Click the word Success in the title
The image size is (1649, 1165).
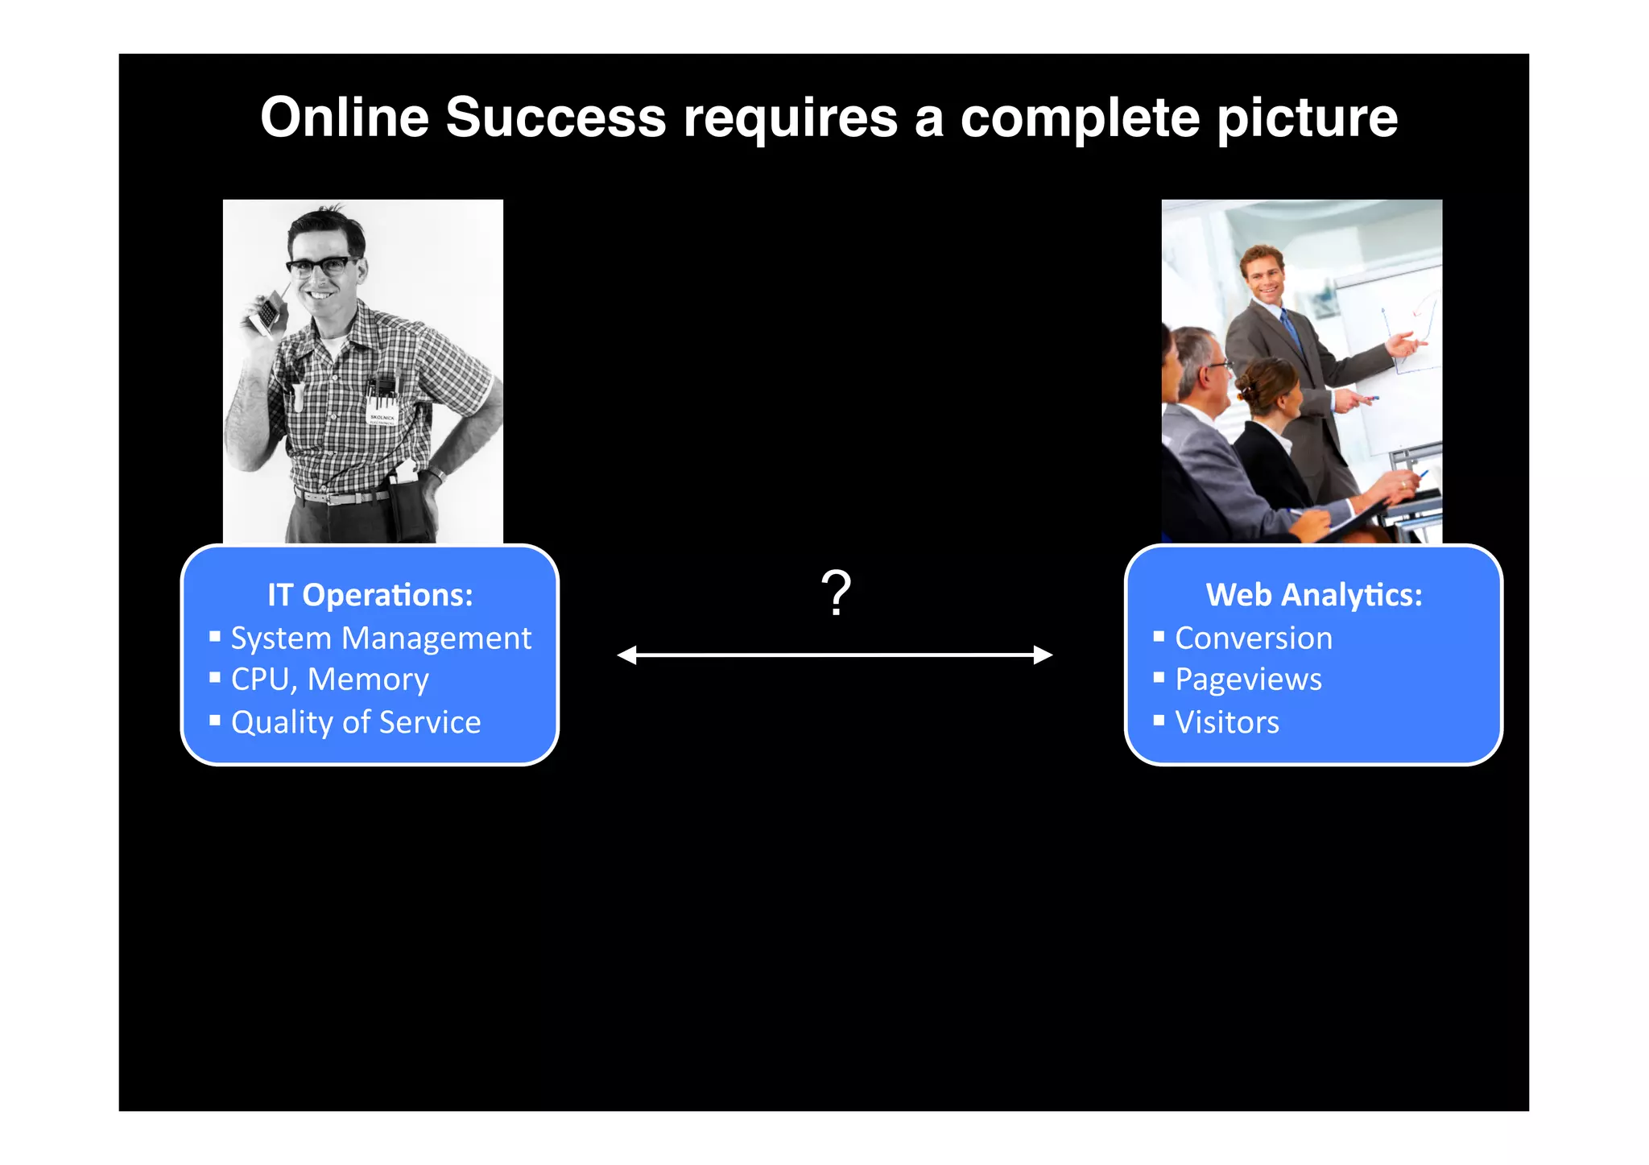pos(556,118)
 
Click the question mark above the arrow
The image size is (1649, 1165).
pos(836,593)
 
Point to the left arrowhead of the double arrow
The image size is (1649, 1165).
pos(627,655)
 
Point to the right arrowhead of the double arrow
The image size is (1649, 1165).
pos(1043,655)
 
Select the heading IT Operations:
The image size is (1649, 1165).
pos(370,595)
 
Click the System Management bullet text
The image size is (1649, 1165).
pos(381,638)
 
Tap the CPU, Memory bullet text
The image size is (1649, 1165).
pos(329,680)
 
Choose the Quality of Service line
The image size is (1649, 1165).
pos(356,722)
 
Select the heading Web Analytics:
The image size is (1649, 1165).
pos(1313,595)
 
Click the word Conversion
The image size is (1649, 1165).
pos(1253,638)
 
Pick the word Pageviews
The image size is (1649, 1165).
pos(1248,680)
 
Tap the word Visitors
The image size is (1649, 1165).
pos(1226,722)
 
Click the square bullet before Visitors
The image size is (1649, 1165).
pos(1158,720)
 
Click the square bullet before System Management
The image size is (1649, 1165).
pos(215,636)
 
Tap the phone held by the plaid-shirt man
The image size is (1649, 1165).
pos(266,313)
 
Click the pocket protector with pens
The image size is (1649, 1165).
pos(382,399)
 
